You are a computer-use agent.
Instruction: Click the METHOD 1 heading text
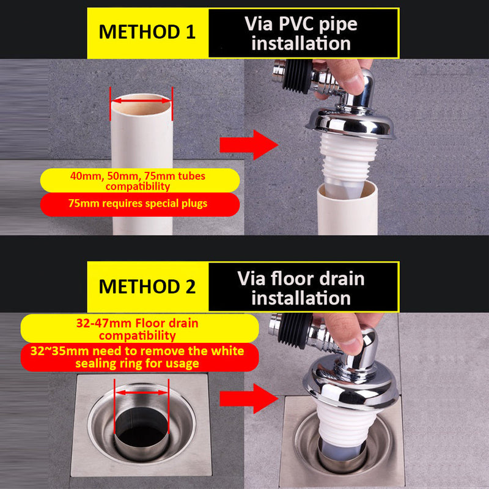tap(147, 32)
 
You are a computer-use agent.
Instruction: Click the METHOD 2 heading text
tap(147, 286)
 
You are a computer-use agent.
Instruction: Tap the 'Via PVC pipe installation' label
tap(301, 34)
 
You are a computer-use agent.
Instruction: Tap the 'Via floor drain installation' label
tap(301, 288)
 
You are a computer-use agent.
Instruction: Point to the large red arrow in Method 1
tap(249, 145)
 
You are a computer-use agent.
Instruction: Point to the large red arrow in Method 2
tap(249, 399)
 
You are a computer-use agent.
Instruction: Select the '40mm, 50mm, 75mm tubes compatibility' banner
tap(140, 180)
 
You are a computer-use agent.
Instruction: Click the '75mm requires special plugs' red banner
tap(140, 204)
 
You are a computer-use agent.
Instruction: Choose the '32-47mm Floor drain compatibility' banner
tap(140, 329)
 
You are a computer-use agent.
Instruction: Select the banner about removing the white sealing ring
tap(140, 357)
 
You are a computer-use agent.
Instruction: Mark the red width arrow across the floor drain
tap(142, 392)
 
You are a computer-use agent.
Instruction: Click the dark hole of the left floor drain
tap(142, 436)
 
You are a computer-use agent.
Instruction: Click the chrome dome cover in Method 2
tap(351, 384)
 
